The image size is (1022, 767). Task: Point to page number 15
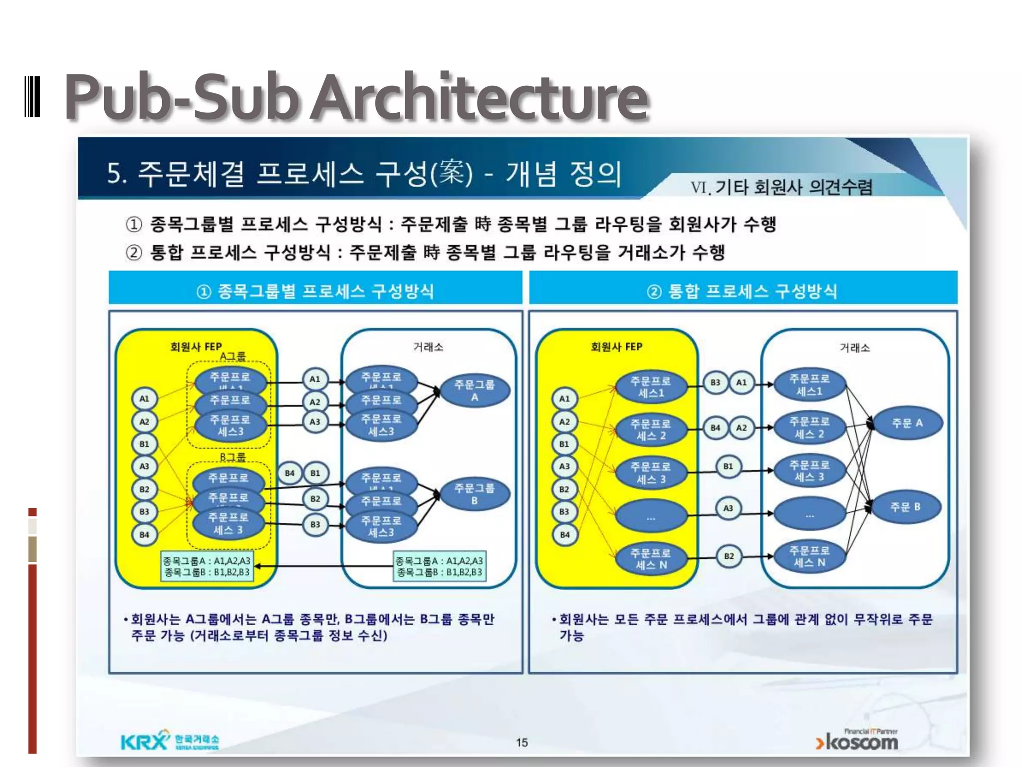pos(521,743)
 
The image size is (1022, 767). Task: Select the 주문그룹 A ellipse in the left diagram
pos(474,390)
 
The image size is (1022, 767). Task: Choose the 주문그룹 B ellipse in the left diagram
pos(474,494)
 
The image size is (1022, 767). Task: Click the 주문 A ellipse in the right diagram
pos(907,423)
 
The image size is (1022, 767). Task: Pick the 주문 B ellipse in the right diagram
pos(905,507)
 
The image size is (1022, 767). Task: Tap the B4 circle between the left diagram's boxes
pos(289,473)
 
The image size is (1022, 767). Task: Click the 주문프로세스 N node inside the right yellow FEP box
pos(651,559)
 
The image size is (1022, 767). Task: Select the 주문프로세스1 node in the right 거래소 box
pos(809,384)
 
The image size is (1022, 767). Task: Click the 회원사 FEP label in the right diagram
pos(616,347)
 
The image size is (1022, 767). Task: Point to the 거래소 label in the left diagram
pos(428,347)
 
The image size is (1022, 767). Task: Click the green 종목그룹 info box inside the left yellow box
pos(207,566)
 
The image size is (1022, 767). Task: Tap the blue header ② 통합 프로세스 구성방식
pos(743,291)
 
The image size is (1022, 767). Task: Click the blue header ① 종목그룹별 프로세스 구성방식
pos(315,291)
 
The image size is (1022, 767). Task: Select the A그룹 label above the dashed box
pos(233,356)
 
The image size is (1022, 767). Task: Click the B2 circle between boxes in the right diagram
pos(729,556)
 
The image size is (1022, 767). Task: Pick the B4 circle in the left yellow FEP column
pos(144,534)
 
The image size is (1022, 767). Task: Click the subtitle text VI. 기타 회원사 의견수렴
pos(781,187)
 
